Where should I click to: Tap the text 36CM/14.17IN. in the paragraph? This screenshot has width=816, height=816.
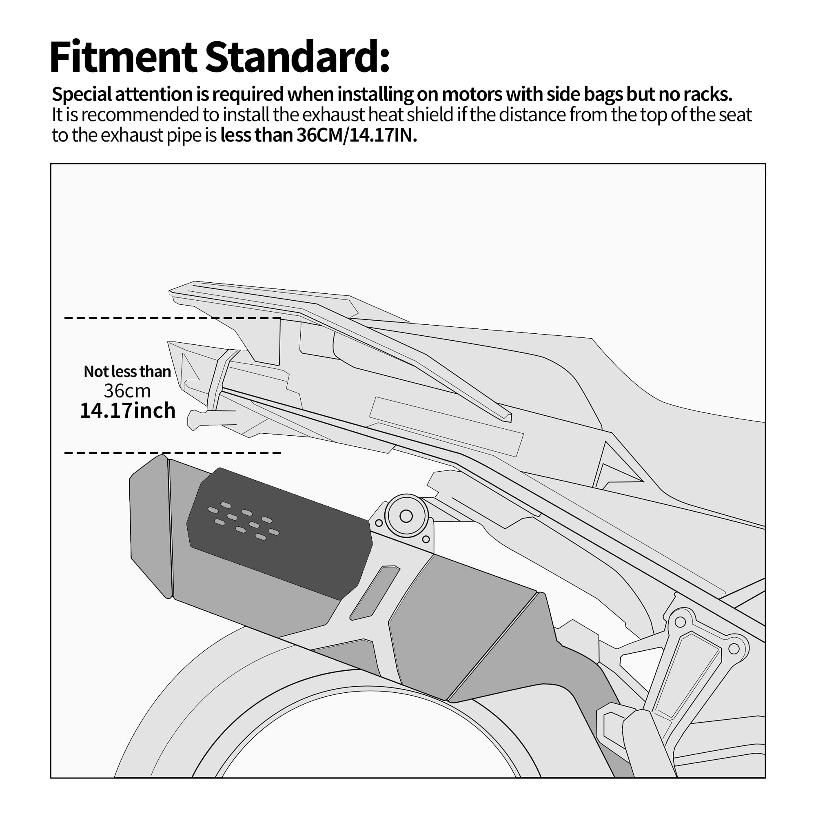(357, 135)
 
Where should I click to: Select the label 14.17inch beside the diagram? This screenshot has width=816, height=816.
(127, 410)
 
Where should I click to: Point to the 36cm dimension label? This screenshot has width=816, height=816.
(127, 391)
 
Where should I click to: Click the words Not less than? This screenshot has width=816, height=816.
(127, 371)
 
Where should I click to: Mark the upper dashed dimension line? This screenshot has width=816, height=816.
(172, 317)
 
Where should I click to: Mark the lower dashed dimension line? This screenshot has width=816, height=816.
(172, 453)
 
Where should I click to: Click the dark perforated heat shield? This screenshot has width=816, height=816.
(279, 533)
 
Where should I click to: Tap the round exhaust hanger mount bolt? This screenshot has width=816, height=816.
(406, 516)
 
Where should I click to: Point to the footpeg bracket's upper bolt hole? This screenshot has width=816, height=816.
(680, 622)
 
